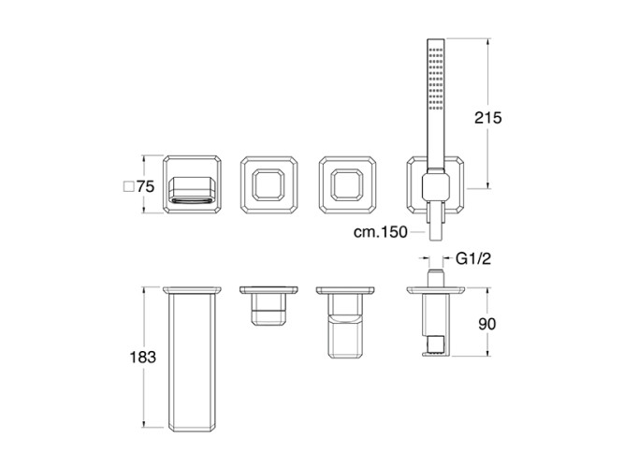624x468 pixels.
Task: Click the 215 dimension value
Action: click(x=488, y=118)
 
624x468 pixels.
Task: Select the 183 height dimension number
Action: click(x=143, y=358)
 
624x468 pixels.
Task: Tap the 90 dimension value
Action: click(x=487, y=324)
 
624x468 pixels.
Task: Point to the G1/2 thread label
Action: click(x=473, y=259)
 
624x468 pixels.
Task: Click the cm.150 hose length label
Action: click(x=381, y=232)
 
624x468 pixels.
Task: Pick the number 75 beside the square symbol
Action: click(x=145, y=186)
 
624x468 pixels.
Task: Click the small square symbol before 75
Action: click(x=128, y=186)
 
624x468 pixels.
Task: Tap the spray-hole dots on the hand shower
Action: click(x=435, y=80)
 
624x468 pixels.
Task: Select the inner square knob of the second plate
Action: click(x=268, y=184)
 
